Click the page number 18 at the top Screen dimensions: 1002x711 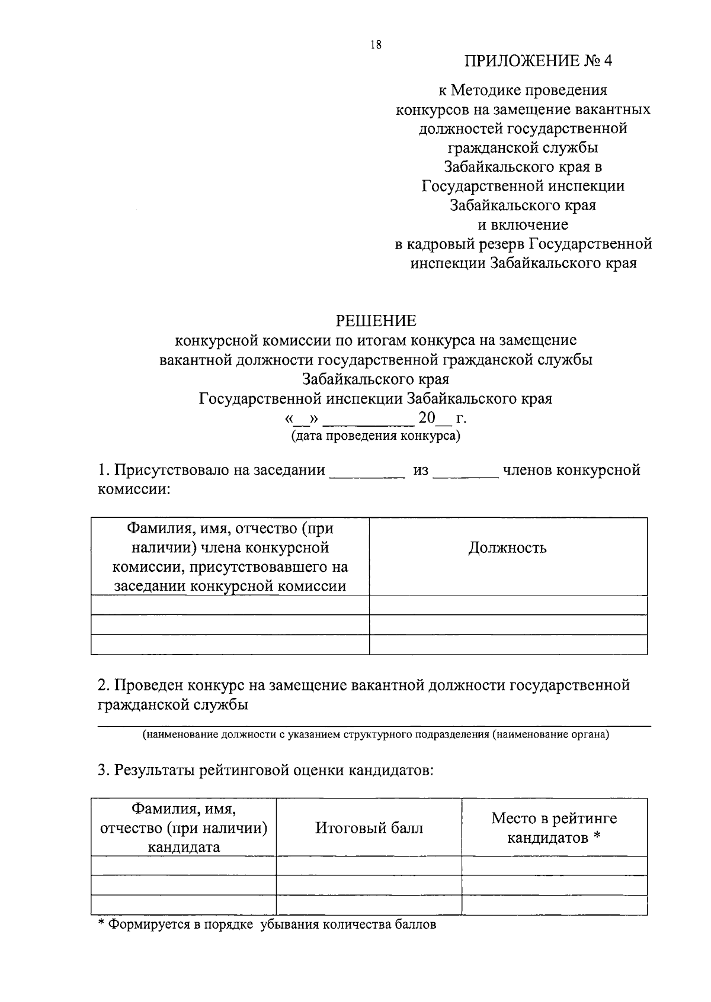point(375,45)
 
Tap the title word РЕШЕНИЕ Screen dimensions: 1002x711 point(376,321)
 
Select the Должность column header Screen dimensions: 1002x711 point(507,548)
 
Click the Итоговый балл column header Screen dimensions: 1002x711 point(369,828)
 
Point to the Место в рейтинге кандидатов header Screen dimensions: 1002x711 point(554,828)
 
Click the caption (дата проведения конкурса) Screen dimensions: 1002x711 point(375,436)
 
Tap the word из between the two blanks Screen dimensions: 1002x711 point(421,471)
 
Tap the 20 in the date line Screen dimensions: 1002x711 point(427,418)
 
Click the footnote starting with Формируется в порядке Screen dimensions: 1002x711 point(267,924)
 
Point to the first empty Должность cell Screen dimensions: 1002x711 point(508,605)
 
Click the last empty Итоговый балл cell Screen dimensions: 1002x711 point(369,905)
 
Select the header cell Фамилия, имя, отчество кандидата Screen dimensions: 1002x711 point(184,827)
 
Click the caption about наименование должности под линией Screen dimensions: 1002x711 point(375,735)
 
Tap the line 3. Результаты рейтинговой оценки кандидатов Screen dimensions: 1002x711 point(265,771)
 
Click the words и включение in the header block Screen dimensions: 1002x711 point(523,225)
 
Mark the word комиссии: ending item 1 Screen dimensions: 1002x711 point(134,490)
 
